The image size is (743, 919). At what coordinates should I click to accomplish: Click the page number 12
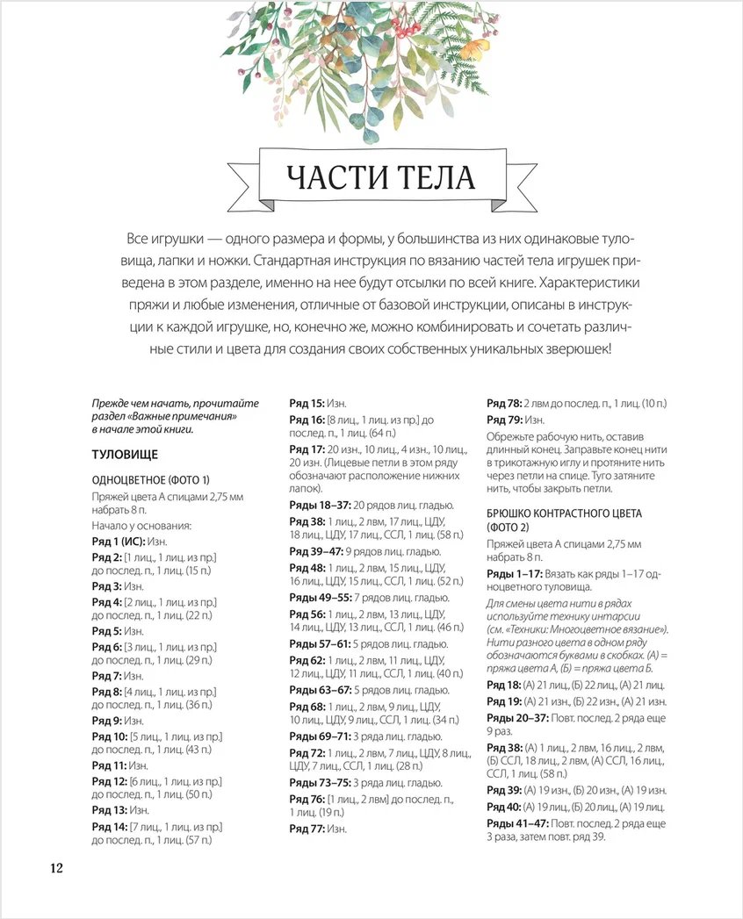[55, 868]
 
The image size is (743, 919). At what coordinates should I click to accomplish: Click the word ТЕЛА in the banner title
[429, 178]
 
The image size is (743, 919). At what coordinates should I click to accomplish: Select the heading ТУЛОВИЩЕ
[125, 455]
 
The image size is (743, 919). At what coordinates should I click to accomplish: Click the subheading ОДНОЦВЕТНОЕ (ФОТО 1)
[151, 480]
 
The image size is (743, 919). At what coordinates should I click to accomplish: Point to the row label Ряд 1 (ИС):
[119, 542]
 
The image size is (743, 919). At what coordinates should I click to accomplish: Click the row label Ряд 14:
[110, 827]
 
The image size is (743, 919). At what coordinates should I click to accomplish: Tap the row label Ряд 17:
[307, 449]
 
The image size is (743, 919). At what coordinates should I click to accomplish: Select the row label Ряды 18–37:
[321, 505]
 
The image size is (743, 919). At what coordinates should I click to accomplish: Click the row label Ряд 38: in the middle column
[307, 521]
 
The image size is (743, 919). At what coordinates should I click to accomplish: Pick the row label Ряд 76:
[307, 799]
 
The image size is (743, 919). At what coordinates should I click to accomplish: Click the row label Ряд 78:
[505, 403]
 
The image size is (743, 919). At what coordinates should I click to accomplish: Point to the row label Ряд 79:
[505, 420]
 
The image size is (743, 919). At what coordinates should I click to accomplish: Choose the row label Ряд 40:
[504, 807]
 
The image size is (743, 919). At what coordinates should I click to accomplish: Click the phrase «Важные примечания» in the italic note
[184, 416]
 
